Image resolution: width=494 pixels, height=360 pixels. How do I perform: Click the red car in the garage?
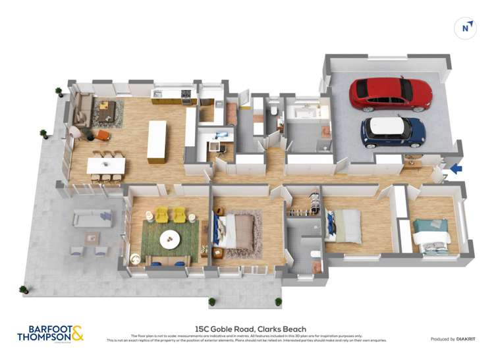[x=390, y=94]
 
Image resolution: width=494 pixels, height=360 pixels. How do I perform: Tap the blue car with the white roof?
[x=393, y=132]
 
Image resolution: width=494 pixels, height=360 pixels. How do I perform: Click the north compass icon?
[x=466, y=27]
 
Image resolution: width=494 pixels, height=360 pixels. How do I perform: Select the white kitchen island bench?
[x=157, y=141]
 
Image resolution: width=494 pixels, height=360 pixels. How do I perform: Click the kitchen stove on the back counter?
[x=186, y=96]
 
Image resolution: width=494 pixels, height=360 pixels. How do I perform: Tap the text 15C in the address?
[x=202, y=330]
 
